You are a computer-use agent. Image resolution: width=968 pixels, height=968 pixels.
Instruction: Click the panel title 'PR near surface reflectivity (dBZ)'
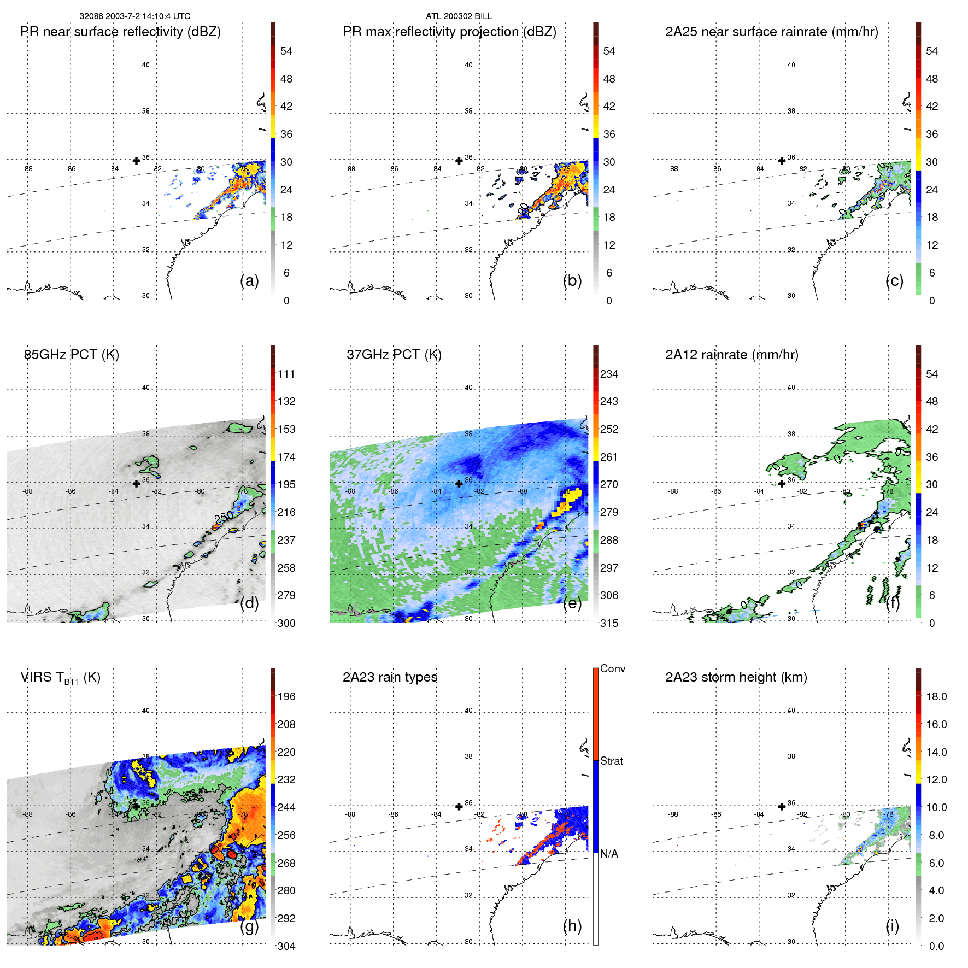point(120,32)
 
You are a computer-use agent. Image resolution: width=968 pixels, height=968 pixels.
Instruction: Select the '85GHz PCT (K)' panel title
point(71,355)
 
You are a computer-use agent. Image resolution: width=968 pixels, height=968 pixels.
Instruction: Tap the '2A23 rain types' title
point(390,677)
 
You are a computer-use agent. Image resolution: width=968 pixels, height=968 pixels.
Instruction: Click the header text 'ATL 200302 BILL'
point(459,16)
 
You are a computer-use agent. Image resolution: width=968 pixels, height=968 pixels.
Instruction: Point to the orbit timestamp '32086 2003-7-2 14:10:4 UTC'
point(134,16)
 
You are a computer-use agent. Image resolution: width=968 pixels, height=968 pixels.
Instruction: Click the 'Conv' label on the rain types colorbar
point(612,668)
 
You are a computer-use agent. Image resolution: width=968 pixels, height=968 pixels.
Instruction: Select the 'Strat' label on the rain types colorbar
point(611,761)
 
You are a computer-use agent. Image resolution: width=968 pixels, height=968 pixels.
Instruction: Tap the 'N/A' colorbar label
point(609,854)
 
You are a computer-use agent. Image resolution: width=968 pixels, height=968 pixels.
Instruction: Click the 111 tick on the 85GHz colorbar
point(286,374)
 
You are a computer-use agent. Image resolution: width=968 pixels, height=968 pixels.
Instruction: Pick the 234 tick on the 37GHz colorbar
point(609,374)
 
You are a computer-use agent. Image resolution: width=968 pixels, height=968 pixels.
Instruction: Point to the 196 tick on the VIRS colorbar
point(286,696)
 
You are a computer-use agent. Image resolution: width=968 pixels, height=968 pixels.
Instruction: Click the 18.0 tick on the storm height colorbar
point(936,696)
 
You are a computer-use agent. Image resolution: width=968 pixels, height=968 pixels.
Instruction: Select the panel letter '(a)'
point(249,280)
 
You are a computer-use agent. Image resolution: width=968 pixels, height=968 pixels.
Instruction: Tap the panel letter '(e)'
point(572,603)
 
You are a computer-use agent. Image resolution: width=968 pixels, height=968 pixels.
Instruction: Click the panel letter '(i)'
point(892,926)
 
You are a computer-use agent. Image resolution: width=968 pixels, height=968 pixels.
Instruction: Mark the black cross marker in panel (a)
point(136,161)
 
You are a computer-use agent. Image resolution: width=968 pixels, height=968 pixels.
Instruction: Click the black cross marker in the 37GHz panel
point(459,484)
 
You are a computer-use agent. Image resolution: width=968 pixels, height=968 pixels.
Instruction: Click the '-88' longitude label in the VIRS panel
point(27,814)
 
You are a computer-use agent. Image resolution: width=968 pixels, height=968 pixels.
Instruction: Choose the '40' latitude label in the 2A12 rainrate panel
point(791,388)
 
